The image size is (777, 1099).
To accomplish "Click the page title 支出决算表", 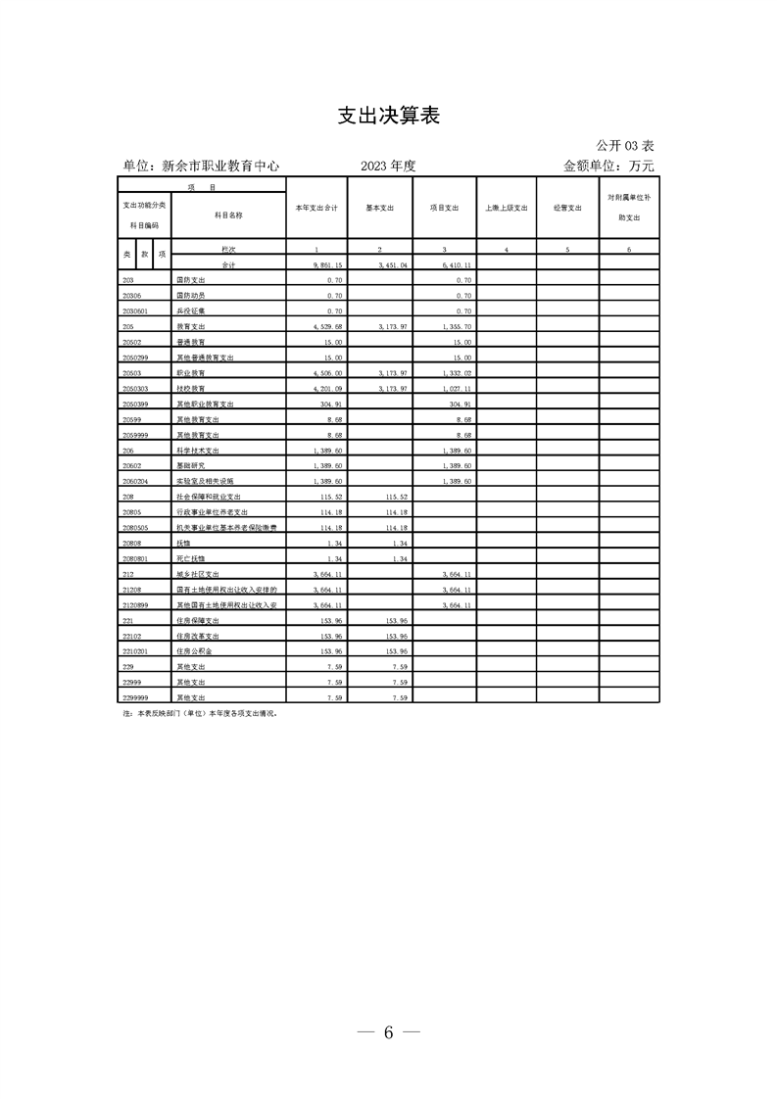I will point(388,116).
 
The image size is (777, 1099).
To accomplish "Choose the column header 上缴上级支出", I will point(507,209).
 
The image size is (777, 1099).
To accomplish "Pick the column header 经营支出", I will point(567,209).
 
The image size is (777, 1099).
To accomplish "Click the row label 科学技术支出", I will point(198,451).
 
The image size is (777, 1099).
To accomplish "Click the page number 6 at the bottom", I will point(388,1031).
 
